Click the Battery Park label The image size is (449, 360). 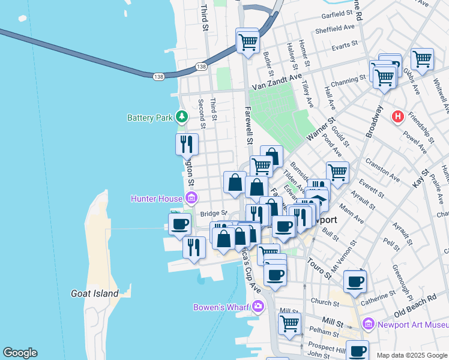[x=150, y=118]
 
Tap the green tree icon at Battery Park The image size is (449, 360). [x=182, y=117]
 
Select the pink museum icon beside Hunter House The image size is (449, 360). [x=191, y=198]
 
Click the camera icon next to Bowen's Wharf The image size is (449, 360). [x=258, y=307]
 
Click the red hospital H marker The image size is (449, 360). [x=397, y=116]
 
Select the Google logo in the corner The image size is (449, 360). [x=20, y=353]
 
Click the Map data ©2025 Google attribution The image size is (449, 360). [x=412, y=355]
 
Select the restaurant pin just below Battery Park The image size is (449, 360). [x=187, y=144]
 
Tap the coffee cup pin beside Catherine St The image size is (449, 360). [x=355, y=281]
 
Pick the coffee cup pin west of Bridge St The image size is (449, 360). [x=178, y=224]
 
